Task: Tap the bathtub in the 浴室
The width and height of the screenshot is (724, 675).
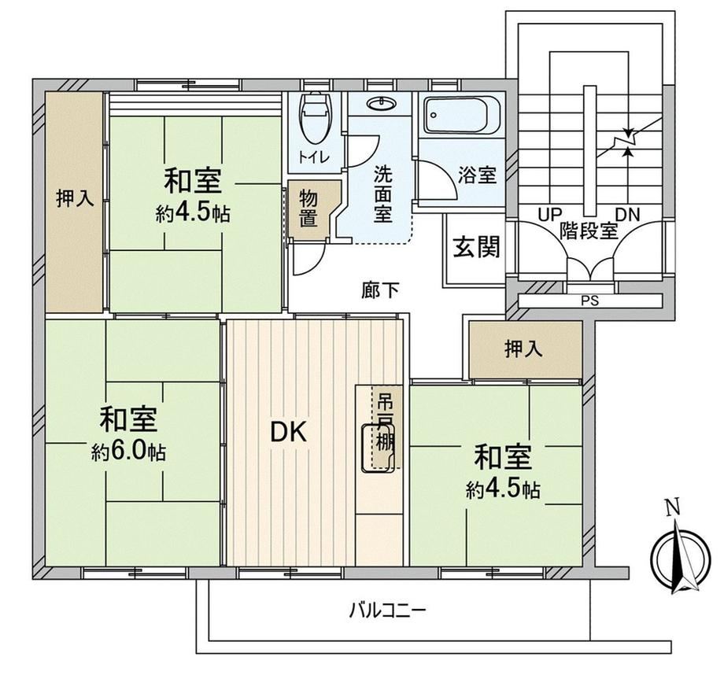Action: pos(462,116)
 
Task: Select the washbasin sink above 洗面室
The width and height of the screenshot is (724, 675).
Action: pos(381,104)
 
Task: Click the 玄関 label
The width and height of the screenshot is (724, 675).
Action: pos(476,247)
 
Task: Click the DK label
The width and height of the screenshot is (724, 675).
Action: pos(288,433)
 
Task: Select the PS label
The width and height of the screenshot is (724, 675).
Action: pos(590,301)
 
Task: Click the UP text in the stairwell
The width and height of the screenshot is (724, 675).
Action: pos(550,215)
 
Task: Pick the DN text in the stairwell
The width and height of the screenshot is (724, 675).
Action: pos(628,215)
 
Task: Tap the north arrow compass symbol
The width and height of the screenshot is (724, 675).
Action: pos(681,557)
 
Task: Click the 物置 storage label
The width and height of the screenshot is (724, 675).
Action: pos(308,209)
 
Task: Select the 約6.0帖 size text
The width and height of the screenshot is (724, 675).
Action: pos(128,452)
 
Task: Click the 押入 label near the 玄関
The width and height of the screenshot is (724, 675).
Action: pos(523,349)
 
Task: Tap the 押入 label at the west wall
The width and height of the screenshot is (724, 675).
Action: pos(75,198)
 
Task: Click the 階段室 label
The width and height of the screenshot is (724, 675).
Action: pos(589,231)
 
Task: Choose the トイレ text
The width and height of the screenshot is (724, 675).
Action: pos(314,157)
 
